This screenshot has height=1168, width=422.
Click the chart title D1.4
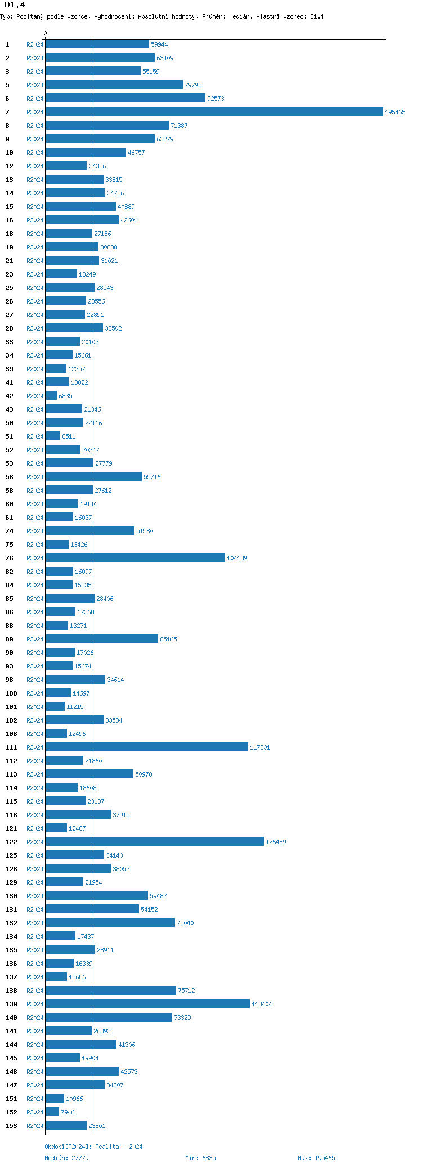[15, 5]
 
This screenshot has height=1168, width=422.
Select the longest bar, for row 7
[214, 112]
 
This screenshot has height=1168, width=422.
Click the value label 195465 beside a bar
[395, 113]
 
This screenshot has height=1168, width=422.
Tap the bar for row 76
[135, 558]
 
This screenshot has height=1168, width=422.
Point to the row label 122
[11, 842]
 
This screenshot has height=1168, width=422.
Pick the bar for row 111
[146, 747]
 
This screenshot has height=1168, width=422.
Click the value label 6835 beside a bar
[65, 396]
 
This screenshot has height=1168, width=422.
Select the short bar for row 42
[51, 396]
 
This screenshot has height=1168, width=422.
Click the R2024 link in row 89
[35, 640]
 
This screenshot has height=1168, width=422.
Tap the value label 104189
[237, 559]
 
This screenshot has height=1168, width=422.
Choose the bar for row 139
[147, 1004]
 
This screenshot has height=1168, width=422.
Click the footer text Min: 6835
[200, 1158]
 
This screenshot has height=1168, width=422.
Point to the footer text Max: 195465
[316, 1158]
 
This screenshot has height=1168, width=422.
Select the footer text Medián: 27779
[66, 1158]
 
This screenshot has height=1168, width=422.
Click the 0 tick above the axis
[46, 34]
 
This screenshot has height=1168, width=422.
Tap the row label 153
[11, 1126]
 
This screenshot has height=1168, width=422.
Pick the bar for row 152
[52, 1112]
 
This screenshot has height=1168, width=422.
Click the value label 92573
[216, 99]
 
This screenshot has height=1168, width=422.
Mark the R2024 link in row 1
[35, 45]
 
